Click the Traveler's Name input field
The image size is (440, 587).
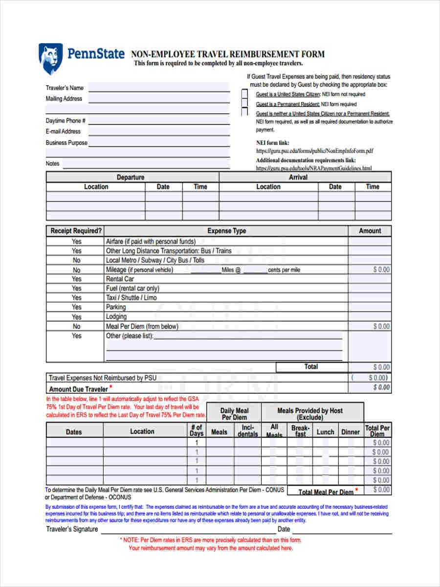(x=158, y=88)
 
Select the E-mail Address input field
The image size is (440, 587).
(x=158, y=132)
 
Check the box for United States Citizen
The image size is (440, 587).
(x=244, y=94)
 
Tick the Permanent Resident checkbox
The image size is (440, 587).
(x=244, y=103)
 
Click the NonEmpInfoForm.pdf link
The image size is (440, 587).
(x=315, y=151)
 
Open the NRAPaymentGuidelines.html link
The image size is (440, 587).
(x=313, y=168)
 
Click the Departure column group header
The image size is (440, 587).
(x=131, y=177)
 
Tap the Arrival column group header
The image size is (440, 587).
(x=298, y=177)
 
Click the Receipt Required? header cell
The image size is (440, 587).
(x=76, y=231)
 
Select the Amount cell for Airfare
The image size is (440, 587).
(x=370, y=241)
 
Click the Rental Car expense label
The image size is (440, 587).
(x=120, y=279)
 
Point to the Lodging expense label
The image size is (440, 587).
(x=116, y=316)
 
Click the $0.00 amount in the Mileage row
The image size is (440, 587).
(x=381, y=270)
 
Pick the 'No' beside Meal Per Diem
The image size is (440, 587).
(x=77, y=326)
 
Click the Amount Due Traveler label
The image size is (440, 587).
(x=78, y=389)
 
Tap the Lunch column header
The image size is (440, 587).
(x=325, y=432)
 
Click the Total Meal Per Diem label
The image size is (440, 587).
(x=326, y=492)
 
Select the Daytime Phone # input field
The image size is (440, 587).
(x=158, y=121)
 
